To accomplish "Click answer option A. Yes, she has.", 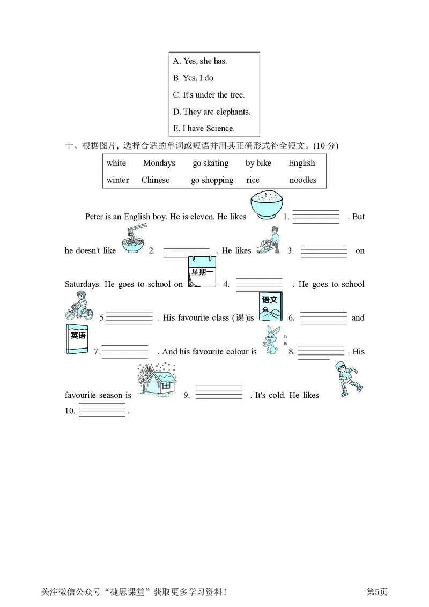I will click(199, 61).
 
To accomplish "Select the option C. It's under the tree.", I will click(208, 95).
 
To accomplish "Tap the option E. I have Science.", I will click(203, 129).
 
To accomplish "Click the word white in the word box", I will click(116, 163).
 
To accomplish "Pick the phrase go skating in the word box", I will click(210, 163).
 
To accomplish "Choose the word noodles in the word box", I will click(303, 180).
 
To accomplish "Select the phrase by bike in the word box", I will click(258, 163).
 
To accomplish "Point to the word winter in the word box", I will click(117, 180).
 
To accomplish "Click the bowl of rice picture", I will click(267, 205).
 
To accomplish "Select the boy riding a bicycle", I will click(79, 307).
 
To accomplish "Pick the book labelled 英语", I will click(77, 339).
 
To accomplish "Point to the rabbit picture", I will click(271, 340).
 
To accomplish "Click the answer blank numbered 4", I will click(259, 284).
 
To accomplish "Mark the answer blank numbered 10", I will click(102, 411).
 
